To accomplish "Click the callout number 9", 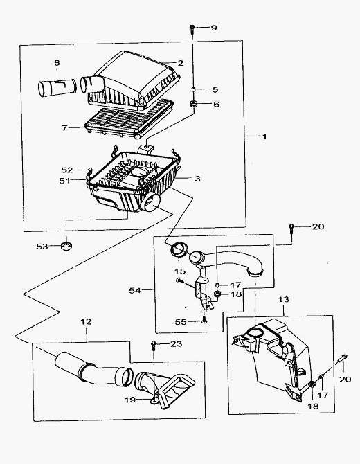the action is tap(214, 28).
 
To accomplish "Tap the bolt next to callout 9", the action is tap(192, 30).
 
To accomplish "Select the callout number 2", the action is tap(181, 63).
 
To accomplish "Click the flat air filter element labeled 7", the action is tap(129, 120).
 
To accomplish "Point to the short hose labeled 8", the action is tap(57, 86).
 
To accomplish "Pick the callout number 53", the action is tap(42, 247).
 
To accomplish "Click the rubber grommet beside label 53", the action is tap(66, 246).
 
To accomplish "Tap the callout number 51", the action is tap(64, 181).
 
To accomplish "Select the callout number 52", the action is tap(67, 170).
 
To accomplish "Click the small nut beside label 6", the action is tap(193, 104).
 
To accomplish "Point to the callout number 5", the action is tap(215, 89).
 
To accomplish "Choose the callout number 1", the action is tap(264, 136).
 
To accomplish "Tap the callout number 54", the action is tap(134, 291).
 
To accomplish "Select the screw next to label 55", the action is tap(204, 321).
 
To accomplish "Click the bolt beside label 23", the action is tap(154, 346).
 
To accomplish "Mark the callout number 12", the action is tap(86, 321).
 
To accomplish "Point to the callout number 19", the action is tap(130, 400).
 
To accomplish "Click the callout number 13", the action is tap(283, 299).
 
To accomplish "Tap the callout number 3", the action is tap(197, 179).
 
